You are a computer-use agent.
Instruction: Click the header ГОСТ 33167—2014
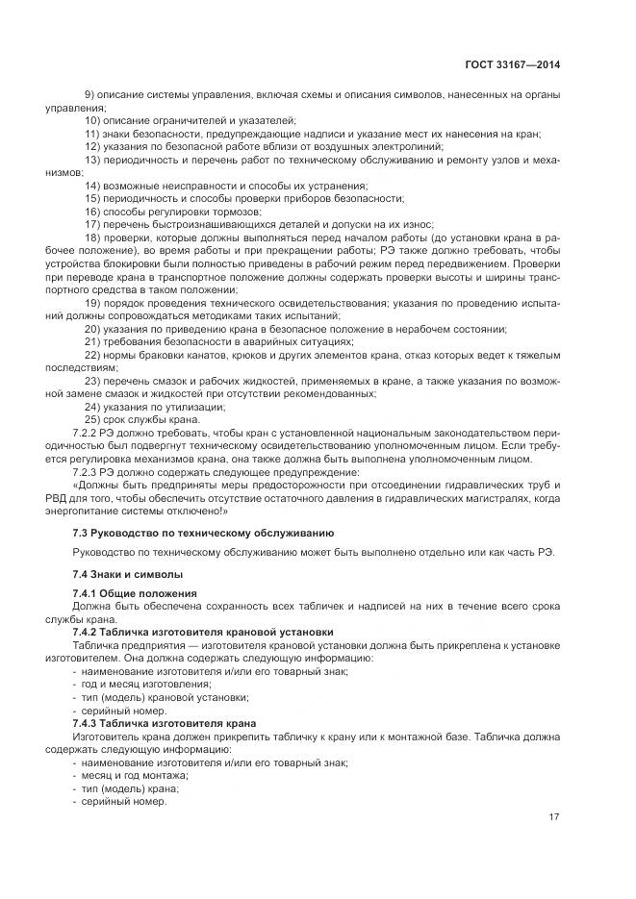(x=512, y=65)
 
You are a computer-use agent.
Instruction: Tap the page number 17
(x=554, y=817)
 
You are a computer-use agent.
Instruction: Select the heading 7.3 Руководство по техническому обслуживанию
(x=203, y=532)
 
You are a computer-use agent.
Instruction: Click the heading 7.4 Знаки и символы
(x=121, y=574)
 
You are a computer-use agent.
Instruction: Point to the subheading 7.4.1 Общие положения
(x=135, y=593)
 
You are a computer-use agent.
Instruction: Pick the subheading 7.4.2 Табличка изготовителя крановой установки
(x=196, y=632)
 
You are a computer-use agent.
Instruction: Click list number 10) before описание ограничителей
(x=93, y=120)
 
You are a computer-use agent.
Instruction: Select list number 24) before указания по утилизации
(x=93, y=407)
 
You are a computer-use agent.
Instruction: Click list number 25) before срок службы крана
(x=93, y=419)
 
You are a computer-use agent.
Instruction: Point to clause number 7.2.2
(x=88, y=433)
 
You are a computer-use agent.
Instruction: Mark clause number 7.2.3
(x=88, y=472)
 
